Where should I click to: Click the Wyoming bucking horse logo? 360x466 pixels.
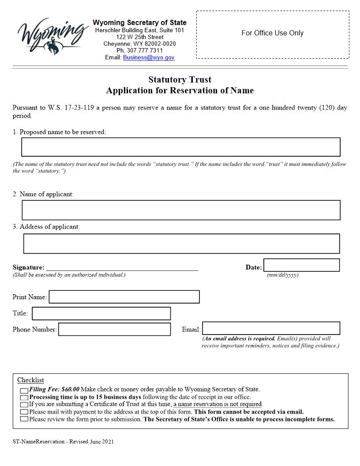click(x=49, y=35)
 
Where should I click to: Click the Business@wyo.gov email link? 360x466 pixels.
click(x=149, y=57)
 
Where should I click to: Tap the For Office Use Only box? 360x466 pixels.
click(x=272, y=34)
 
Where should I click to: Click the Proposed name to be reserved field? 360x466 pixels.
click(x=181, y=147)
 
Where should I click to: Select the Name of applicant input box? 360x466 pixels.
click(x=181, y=210)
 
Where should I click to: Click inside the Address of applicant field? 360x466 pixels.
click(x=181, y=244)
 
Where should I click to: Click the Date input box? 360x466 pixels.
click(x=301, y=265)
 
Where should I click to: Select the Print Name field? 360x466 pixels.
click(x=124, y=297)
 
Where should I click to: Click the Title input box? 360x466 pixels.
click(x=101, y=313)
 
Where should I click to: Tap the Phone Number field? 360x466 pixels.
click(x=114, y=329)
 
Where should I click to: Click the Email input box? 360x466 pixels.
click(x=271, y=328)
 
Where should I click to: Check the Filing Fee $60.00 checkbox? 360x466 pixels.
click(x=24, y=390)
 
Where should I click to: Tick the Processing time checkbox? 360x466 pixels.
click(x=24, y=397)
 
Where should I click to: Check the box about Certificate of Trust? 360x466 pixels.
click(x=24, y=404)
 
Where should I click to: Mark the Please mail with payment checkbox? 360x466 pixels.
click(x=24, y=412)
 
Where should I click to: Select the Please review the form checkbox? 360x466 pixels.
click(x=24, y=419)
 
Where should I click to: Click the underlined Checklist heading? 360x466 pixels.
click(x=30, y=380)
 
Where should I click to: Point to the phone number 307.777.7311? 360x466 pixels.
click(x=139, y=51)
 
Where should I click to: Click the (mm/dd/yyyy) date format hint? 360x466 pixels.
click(x=282, y=275)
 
